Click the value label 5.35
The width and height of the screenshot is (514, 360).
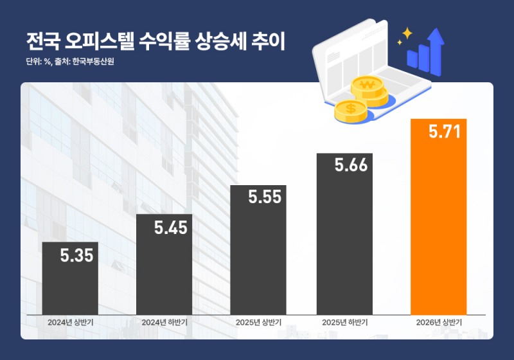point(77,256)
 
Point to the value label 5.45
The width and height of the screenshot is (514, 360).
point(171,228)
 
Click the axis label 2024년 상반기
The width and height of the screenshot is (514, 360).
point(70,322)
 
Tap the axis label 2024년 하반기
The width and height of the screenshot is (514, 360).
point(164,322)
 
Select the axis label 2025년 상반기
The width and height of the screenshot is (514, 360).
point(258,322)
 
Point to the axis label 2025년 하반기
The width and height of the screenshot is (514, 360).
point(344,322)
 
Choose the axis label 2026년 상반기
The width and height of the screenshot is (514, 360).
point(438,322)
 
